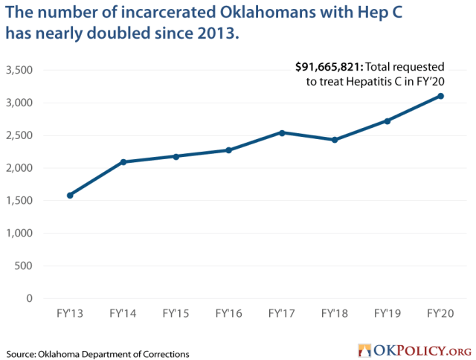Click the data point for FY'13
70,196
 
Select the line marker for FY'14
123,162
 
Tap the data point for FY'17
282,132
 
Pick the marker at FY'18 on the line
335,140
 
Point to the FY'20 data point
441,96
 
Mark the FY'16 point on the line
229,150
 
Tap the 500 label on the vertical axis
34,266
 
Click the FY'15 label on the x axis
176,313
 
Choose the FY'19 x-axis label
387,313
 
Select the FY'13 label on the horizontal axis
70,313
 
